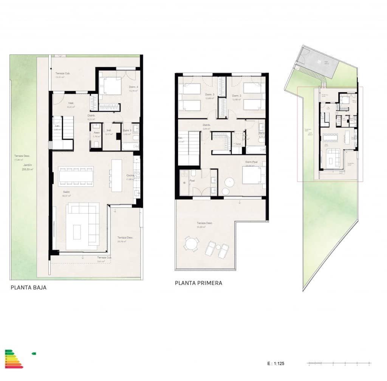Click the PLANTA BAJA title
[x=29, y=288]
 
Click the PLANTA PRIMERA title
[x=198, y=283]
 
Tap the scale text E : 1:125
[x=275, y=364]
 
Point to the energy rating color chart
[x=14, y=359]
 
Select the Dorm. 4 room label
[x=133, y=87]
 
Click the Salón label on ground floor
[x=67, y=192]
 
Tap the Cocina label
[x=130, y=176]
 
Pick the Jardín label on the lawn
[x=27, y=165]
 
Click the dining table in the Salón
[x=76, y=176]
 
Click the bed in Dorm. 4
[x=110, y=87]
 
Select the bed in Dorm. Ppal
[x=251, y=175]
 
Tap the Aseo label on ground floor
[x=96, y=133]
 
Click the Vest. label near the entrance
[x=71, y=103]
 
